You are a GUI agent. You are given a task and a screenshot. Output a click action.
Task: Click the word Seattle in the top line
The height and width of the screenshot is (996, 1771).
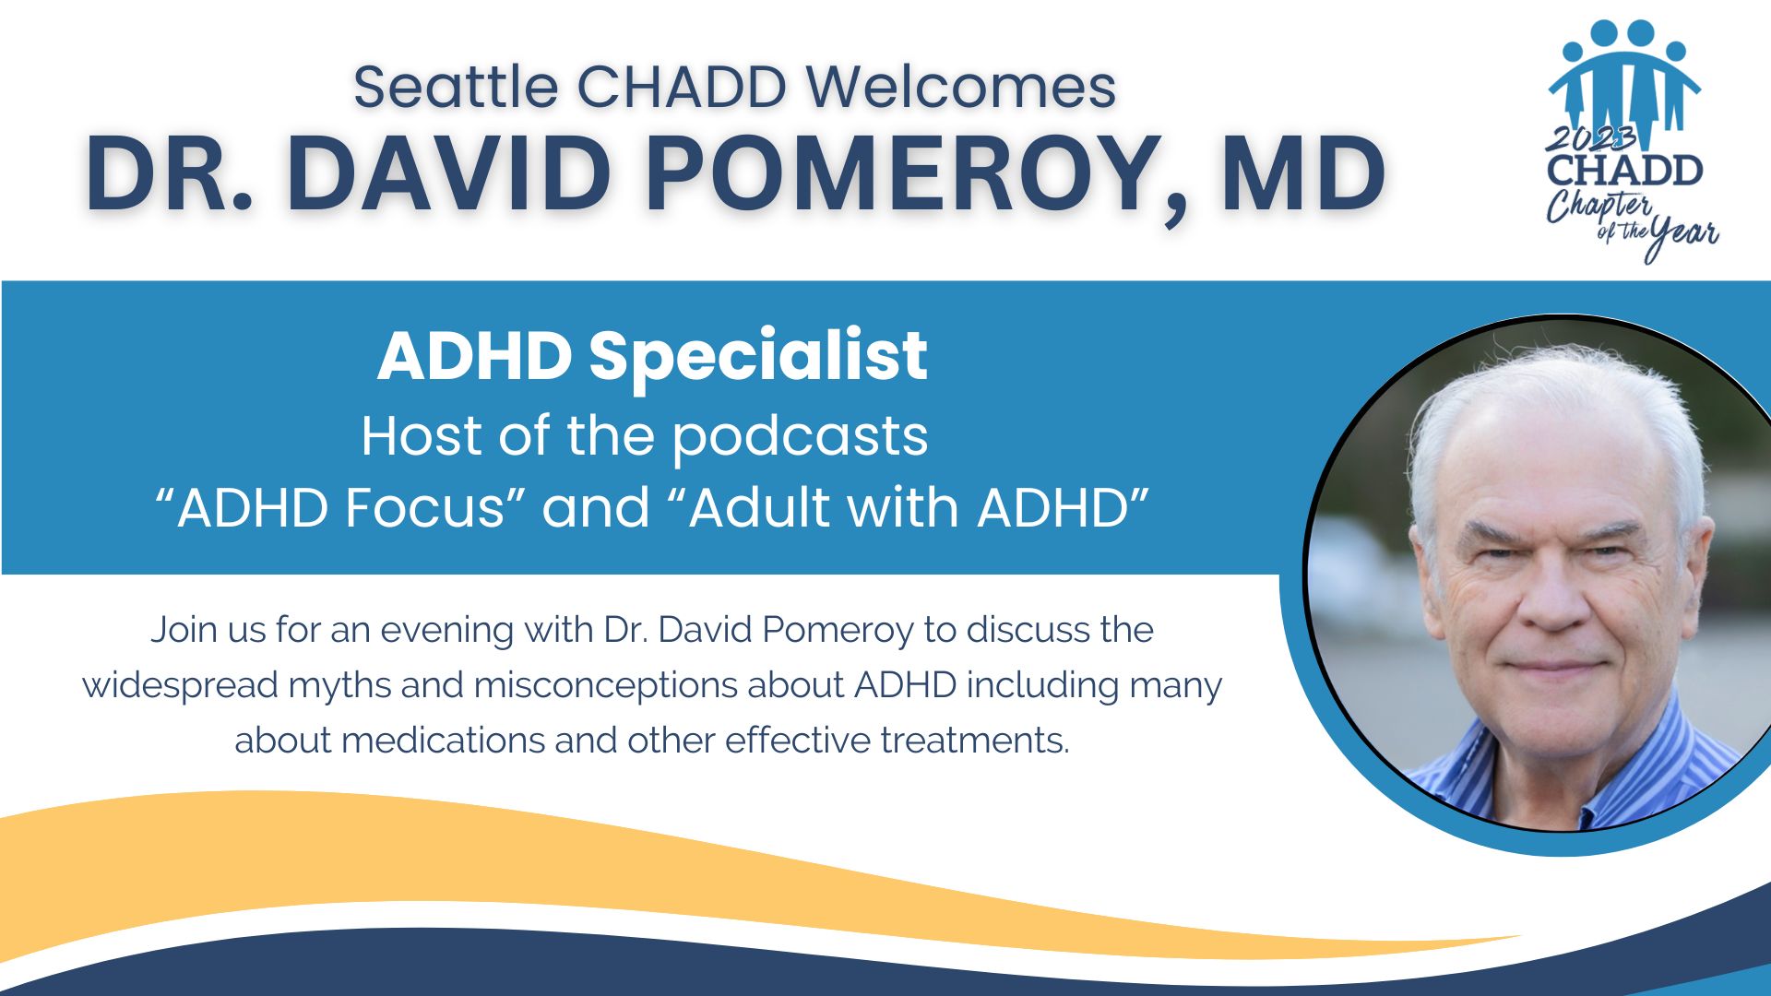coord(456,88)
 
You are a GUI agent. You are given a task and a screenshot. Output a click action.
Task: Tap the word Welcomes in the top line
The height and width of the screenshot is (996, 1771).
coord(961,88)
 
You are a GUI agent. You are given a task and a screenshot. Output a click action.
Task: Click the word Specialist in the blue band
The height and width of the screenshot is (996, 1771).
coord(758,357)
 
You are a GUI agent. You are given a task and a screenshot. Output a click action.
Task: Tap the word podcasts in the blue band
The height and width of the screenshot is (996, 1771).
coord(800,437)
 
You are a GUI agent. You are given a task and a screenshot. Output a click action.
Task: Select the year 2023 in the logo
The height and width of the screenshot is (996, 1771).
coord(1591,139)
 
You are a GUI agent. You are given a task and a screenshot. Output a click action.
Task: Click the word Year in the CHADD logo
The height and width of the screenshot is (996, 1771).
coord(1683,237)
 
